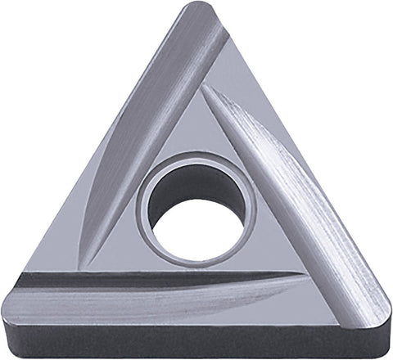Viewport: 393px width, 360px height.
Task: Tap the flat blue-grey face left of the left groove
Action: (x=90, y=188)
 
